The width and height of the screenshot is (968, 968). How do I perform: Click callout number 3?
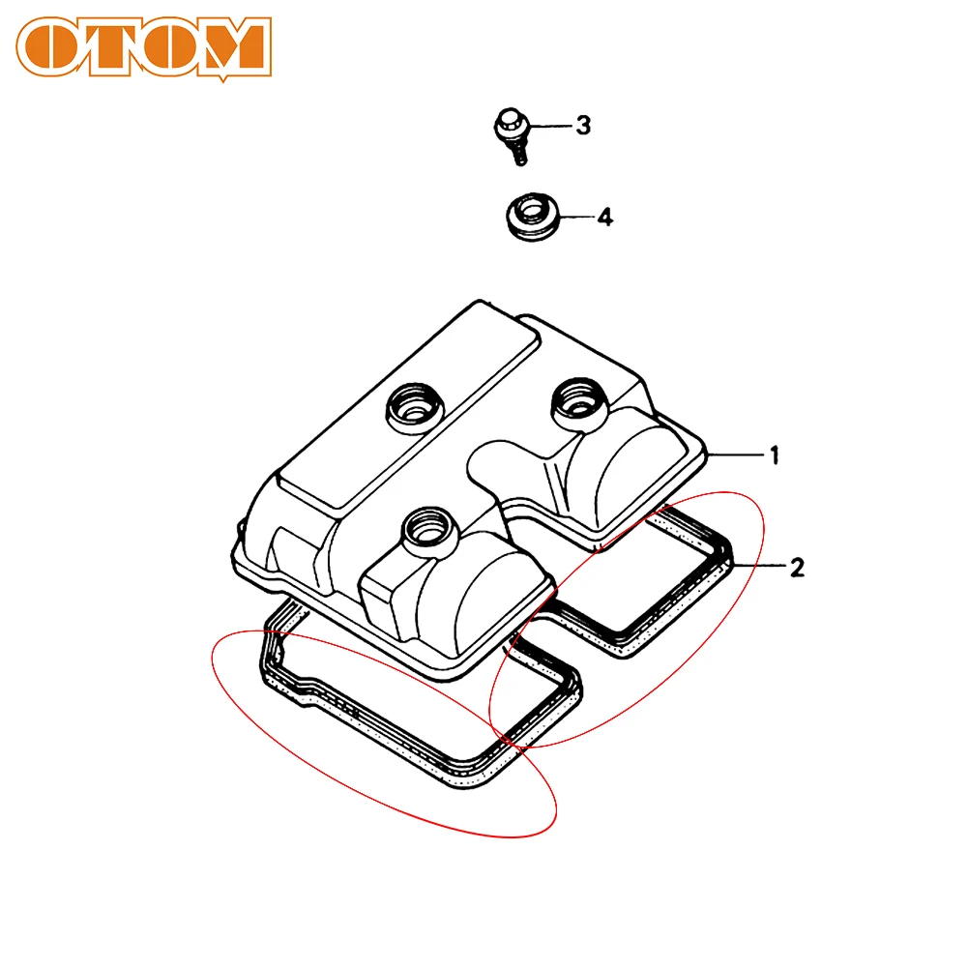[x=583, y=126]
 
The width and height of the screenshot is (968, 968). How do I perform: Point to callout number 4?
[x=603, y=218]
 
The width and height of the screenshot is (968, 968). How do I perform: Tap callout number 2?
[x=796, y=567]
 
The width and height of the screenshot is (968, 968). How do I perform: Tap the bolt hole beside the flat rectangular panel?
[x=410, y=407]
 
